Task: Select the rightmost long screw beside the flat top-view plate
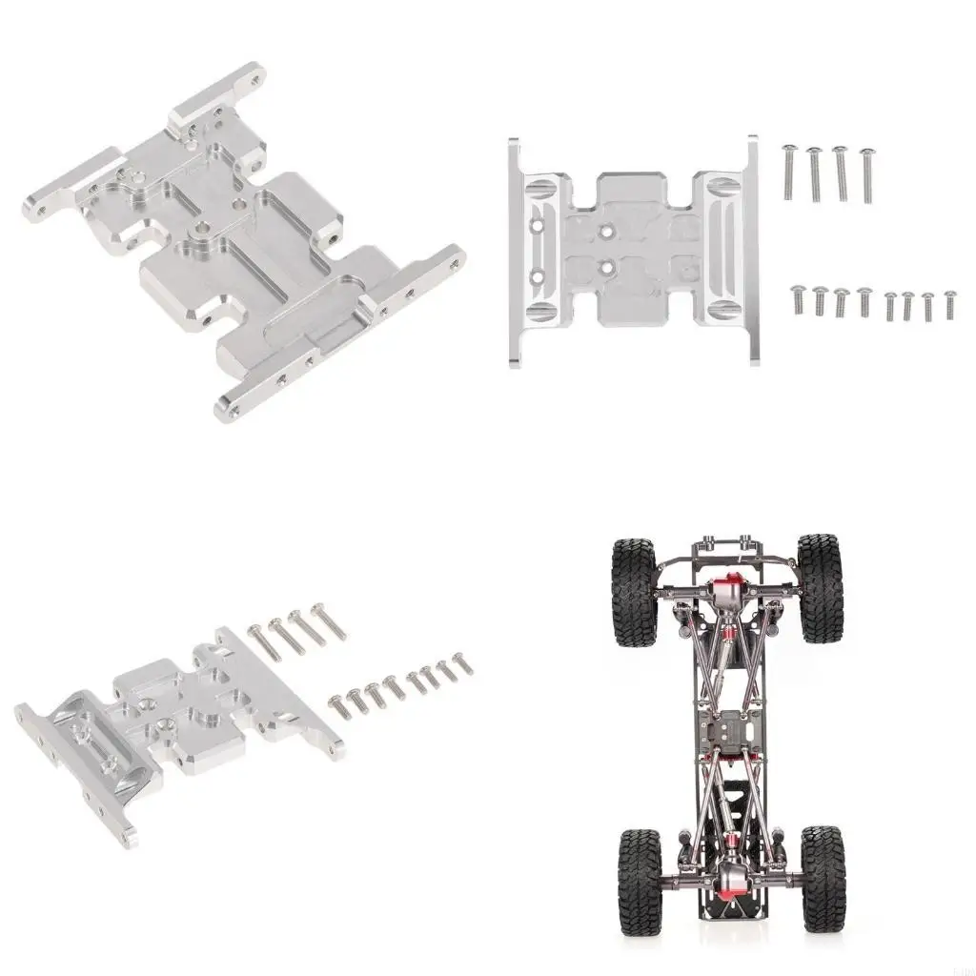point(866,173)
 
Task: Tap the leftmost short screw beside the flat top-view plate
point(798,301)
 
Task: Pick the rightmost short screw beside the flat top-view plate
point(949,304)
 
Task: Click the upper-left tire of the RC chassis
point(634,591)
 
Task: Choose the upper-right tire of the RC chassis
point(820,587)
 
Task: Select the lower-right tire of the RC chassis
point(823,878)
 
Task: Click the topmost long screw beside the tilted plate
point(329,620)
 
